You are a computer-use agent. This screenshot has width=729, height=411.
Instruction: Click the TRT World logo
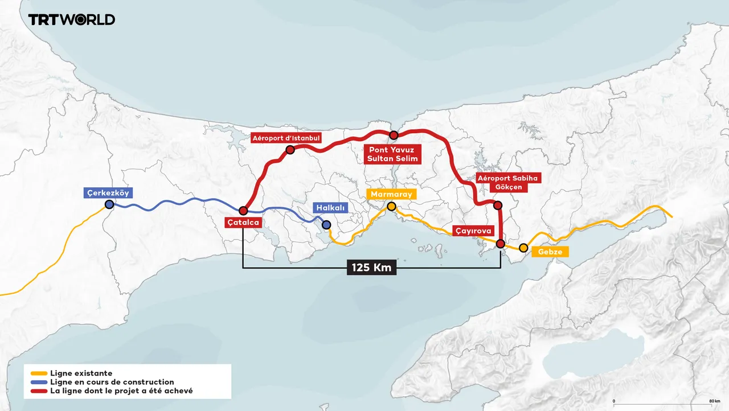pos(72,19)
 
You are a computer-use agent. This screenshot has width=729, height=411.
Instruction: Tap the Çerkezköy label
pos(108,193)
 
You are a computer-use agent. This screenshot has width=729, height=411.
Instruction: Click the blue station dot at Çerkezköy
pos(109,204)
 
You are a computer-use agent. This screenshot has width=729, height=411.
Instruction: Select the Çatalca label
pos(243,223)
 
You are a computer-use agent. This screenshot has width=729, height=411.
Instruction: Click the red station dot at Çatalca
pos(243,211)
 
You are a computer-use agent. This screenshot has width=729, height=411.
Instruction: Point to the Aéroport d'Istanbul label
pos(286,138)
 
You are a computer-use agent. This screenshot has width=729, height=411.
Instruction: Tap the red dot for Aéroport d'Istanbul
pos(290,150)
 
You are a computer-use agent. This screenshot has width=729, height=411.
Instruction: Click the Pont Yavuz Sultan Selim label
pos(393,153)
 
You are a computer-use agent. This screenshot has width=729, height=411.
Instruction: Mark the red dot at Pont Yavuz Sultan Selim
pos(394,135)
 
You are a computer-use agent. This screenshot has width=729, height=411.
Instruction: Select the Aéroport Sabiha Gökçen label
pos(508,183)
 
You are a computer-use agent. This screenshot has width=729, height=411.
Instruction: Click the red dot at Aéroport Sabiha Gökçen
pos(497,205)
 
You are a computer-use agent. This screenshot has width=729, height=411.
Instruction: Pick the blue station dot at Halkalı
pos(326,225)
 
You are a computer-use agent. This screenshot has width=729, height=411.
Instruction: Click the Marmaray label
pos(391,195)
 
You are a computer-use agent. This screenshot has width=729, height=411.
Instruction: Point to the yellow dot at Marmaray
pos(391,206)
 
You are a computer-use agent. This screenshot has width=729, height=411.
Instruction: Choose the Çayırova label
pos(472,231)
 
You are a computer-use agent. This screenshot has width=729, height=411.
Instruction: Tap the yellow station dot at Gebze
pos(523,248)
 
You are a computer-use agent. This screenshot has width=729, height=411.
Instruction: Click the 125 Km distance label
pos(371,267)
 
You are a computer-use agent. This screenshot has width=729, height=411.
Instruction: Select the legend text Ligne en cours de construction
pos(112,382)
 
